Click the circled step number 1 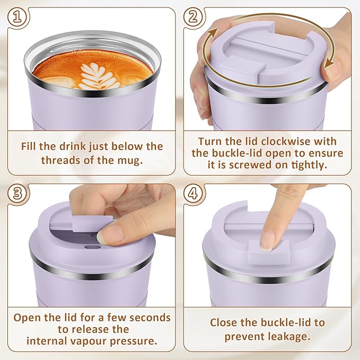point(17,17)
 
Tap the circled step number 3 point(17,194)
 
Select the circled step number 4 point(194,194)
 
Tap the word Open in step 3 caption point(27,317)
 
